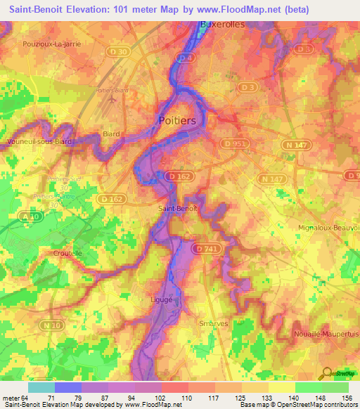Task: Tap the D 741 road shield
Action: click(x=206, y=249)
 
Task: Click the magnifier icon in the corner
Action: click(x=328, y=375)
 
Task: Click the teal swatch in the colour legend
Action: click(x=41, y=387)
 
